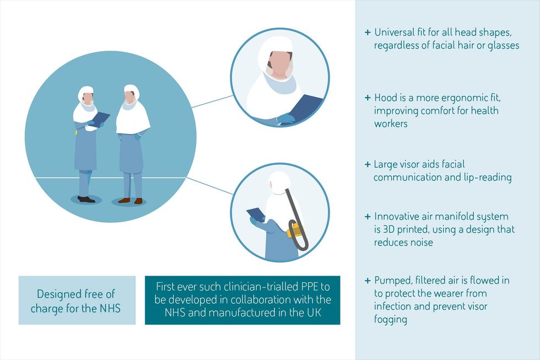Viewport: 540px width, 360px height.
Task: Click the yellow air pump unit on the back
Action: [295, 230]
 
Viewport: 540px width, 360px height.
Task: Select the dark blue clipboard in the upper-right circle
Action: [305, 106]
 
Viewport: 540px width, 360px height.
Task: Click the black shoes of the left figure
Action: [86, 199]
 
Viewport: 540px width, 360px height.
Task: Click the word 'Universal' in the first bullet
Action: [395, 33]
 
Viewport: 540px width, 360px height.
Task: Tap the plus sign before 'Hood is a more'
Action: [368, 98]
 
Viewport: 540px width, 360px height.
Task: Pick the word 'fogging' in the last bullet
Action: [391, 319]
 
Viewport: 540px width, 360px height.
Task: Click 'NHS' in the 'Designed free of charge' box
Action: [110, 308]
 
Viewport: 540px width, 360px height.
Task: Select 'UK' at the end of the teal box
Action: [314, 313]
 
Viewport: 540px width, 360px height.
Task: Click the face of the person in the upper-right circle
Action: [279, 64]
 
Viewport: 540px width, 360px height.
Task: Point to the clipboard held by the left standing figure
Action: [100, 119]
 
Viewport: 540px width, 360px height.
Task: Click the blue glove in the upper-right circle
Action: [285, 119]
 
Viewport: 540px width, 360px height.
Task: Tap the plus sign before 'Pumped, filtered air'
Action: [368, 281]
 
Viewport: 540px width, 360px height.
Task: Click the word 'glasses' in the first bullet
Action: [503, 46]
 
